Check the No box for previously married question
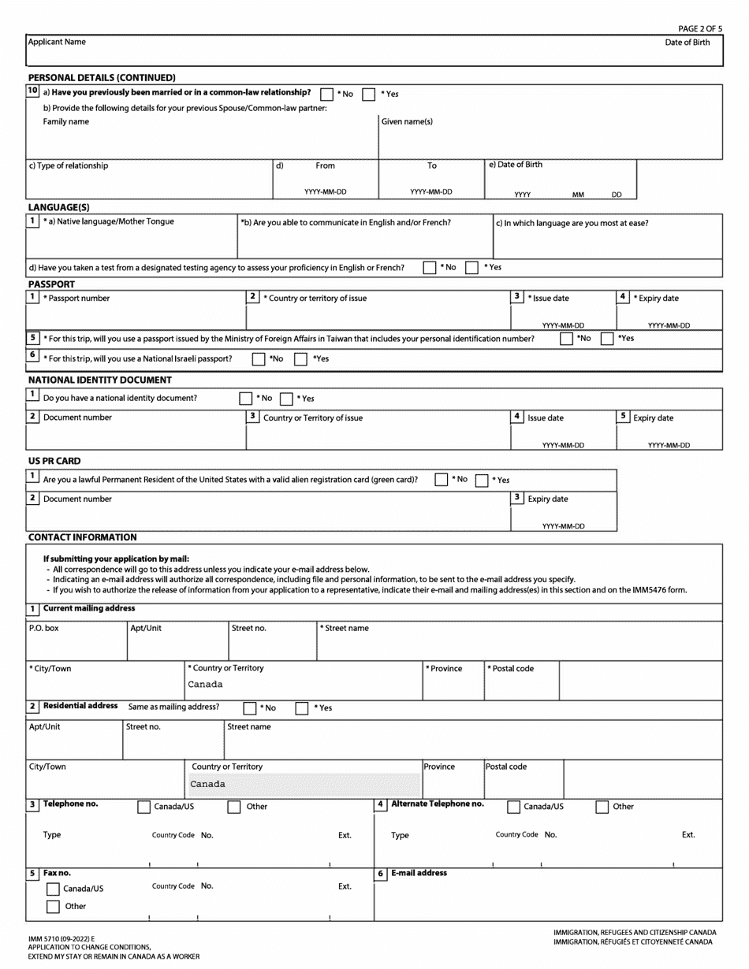tap(327, 95)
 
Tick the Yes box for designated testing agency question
tap(472, 268)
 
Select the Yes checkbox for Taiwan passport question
tap(608, 339)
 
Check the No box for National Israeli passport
tap(259, 359)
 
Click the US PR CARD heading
tap(54, 461)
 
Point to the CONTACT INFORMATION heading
tap(82, 537)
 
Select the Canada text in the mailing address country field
tap(205, 685)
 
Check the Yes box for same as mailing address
tap(301, 708)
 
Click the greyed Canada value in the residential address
tap(207, 785)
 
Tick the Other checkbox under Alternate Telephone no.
tap(602, 807)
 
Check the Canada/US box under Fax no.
tap(54, 889)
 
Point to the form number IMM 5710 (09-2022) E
tap(60, 940)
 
